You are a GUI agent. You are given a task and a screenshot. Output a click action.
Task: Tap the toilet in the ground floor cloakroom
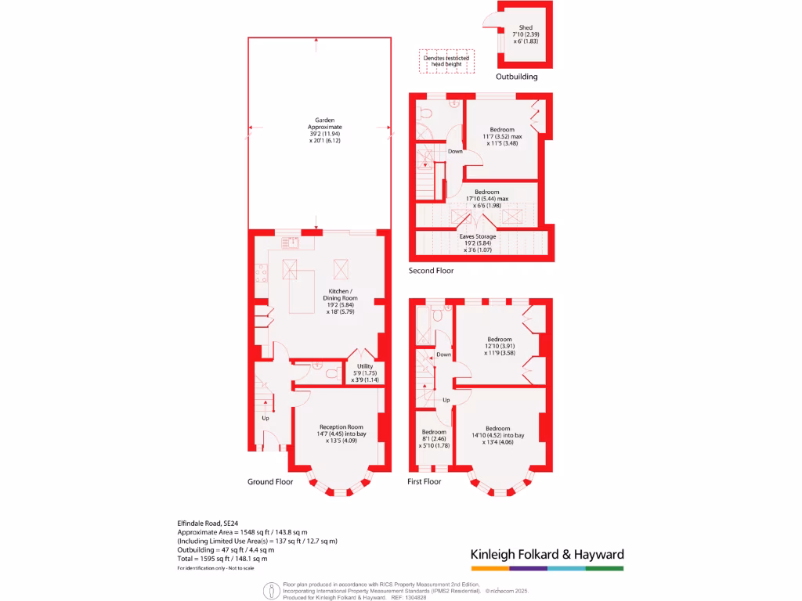pyautogui.click(x=333, y=375)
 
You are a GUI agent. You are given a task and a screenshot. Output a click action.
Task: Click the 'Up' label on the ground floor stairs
pyautogui.click(x=266, y=417)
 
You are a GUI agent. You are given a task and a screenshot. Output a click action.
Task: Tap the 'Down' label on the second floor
pyautogui.click(x=455, y=152)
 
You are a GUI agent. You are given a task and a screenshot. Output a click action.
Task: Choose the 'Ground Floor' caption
pyautogui.click(x=269, y=482)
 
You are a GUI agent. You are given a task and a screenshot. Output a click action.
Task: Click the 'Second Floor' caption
pyautogui.click(x=431, y=271)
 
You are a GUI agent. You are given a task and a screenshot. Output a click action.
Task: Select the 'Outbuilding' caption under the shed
pyautogui.click(x=517, y=77)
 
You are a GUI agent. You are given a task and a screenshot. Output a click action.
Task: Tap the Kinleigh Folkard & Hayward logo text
pyautogui.click(x=547, y=554)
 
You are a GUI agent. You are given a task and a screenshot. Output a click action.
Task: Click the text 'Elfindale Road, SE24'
pyautogui.click(x=208, y=522)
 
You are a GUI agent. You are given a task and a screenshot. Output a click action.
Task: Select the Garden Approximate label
pyautogui.click(x=324, y=131)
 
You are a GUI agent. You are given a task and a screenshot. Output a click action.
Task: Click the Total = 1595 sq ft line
pyautogui.click(x=222, y=559)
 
